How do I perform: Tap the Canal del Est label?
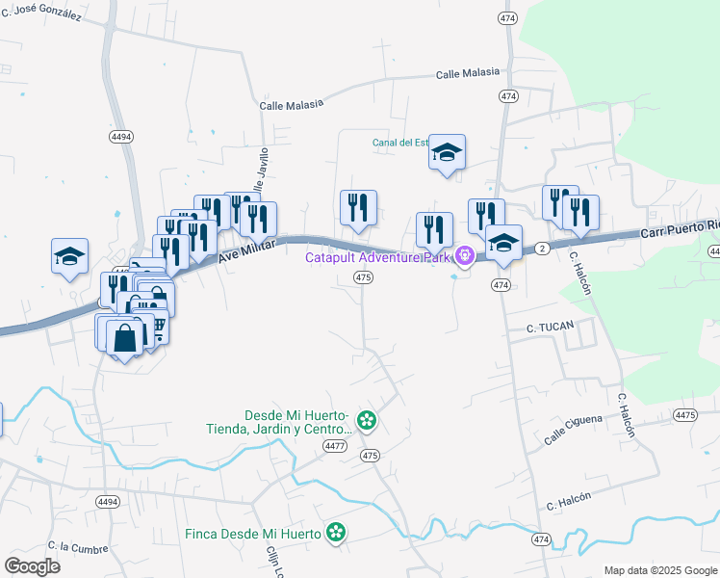pos(399,144)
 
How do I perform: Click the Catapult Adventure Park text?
pos(379,257)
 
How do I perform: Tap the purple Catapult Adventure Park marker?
pos(465,255)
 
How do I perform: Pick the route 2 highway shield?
pos(542,249)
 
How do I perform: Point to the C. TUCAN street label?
pos(549,328)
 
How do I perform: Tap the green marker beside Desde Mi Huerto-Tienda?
pos(366,420)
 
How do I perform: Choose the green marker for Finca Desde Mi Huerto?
pos(335,532)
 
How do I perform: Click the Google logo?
pos(32,566)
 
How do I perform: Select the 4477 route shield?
pos(335,445)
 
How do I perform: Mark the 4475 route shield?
pos(685,415)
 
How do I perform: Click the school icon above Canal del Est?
pos(447,152)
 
